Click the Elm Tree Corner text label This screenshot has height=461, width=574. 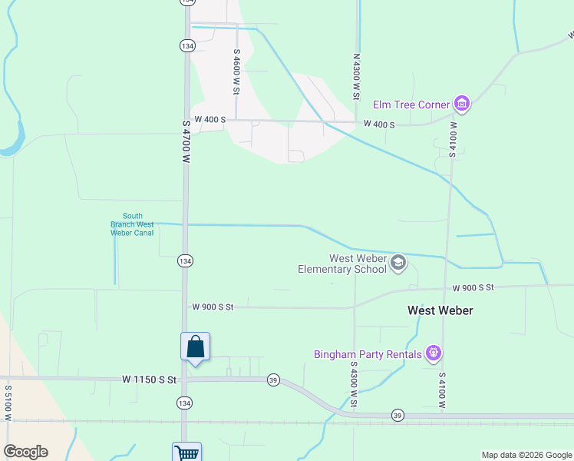coord(411,104)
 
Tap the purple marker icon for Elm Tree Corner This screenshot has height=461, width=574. coord(461,104)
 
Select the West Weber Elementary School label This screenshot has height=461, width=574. coord(342,264)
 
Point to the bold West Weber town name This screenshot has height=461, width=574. coord(440,310)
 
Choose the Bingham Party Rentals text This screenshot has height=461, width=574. coord(368,354)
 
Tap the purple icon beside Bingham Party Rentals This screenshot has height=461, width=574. coord(434,354)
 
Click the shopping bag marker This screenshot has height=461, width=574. coord(196,347)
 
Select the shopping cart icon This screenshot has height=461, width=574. coord(186,453)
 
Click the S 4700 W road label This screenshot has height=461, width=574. coord(186,141)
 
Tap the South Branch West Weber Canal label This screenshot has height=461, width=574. coord(132,224)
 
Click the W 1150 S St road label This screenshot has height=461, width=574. coord(149,380)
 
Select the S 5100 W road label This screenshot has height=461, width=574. coord(8,403)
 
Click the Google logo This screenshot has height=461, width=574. coord(25,452)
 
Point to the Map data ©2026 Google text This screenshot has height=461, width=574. coord(526,455)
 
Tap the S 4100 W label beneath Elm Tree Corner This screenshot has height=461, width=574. coord(453,139)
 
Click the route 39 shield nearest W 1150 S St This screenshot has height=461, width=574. coord(272,380)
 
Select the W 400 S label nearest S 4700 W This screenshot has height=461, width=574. coord(210,120)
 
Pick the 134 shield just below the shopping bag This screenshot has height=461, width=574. coord(184,403)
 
